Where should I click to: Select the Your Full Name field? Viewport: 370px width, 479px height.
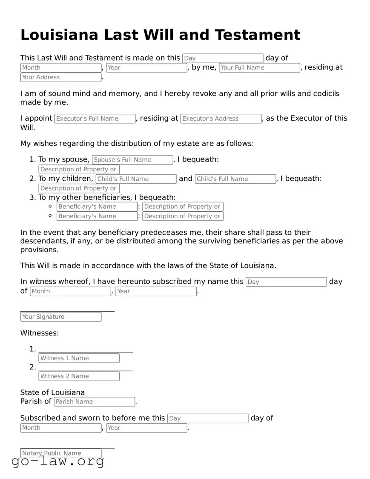click(x=259, y=68)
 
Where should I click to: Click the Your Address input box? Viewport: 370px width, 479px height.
click(x=61, y=78)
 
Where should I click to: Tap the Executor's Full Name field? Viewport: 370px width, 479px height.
click(x=95, y=118)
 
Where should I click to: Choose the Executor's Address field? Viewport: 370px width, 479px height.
click(x=221, y=118)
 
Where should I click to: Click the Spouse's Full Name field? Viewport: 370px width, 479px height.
click(x=132, y=160)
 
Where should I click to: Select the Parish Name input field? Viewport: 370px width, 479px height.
click(x=94, y=401)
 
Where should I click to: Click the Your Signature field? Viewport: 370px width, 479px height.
click(x=61, y=317)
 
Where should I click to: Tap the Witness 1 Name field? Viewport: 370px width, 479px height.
click(x=79, y=358)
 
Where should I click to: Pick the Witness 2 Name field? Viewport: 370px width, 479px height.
click(x=79, y=376)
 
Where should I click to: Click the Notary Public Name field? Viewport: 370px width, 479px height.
click(x=61, y=453)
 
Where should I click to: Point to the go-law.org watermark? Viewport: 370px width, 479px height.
click(x=58, y=461)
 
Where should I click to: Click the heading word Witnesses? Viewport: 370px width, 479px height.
click(x=40, y=333)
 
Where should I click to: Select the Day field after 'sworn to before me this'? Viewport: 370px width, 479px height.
click(x=207, y=418)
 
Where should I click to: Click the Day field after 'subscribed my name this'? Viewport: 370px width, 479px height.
click(x=286, y=282)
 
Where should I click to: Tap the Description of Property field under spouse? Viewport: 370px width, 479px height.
click(x=79, y=169)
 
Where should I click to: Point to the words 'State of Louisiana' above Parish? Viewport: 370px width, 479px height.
click(x=52, y=392)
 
